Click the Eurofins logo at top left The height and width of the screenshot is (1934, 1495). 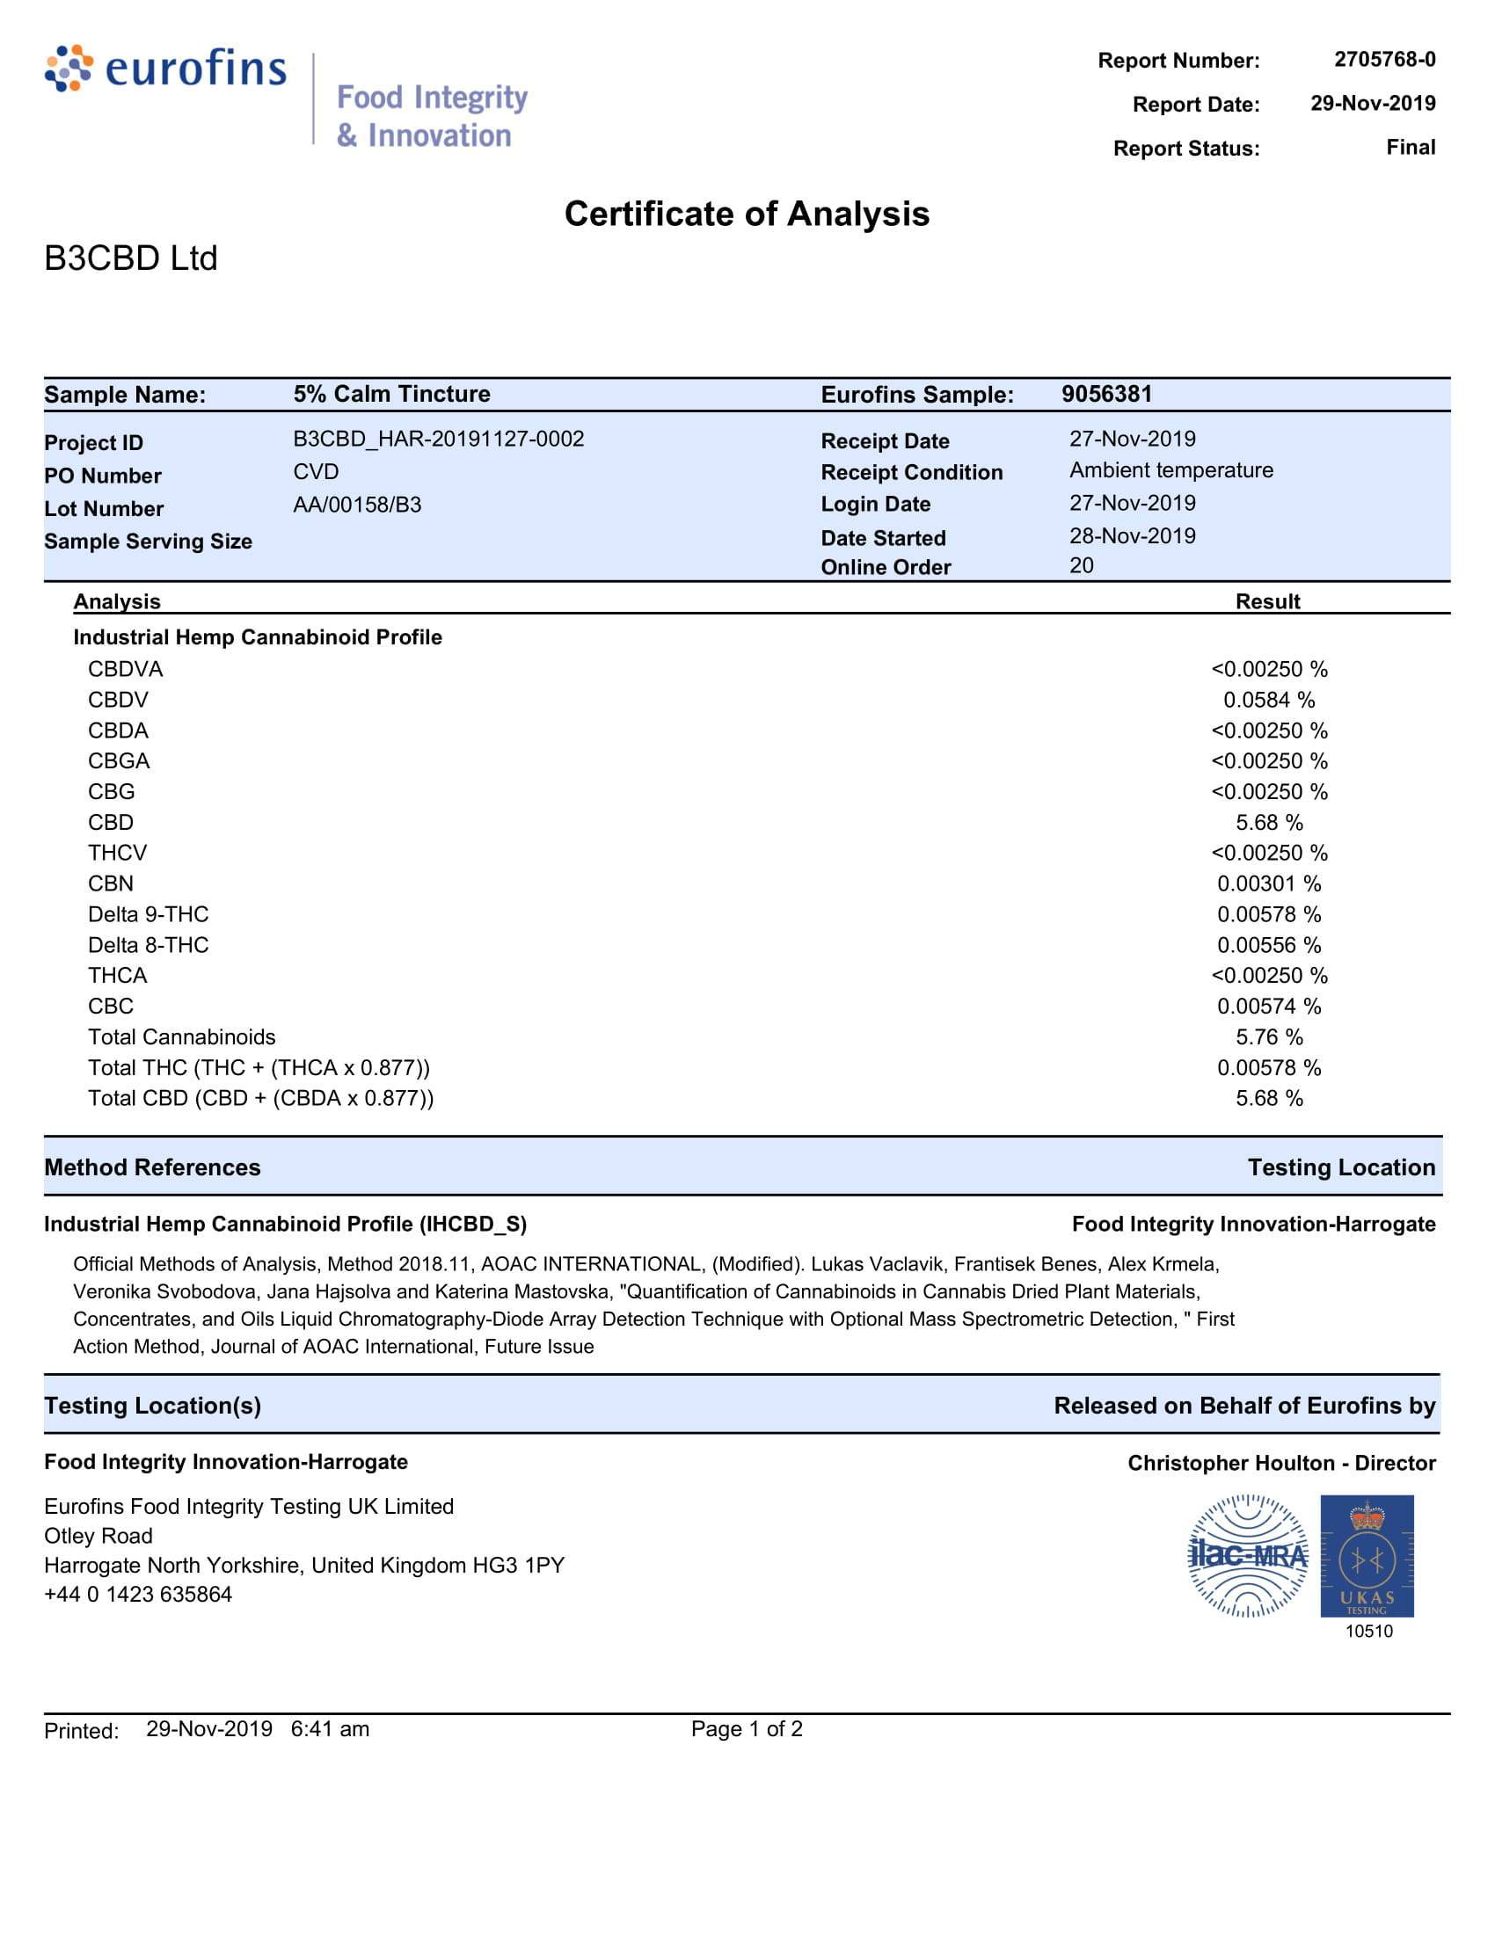pyautogui.click(x=166, y=69)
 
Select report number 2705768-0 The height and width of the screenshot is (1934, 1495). pyautogui.click(x=1384, y=59)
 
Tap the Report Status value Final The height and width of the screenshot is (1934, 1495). pyautogui.click(x=1410, y=147)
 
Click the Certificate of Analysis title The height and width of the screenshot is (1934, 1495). pyautogui.click(x=747, y=214)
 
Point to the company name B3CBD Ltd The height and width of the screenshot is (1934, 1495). pyautogui.click(x=131, y=258)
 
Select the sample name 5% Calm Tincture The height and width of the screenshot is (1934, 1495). pyautogui.click(x=391, y=394)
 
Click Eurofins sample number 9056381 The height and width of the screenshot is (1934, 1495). pyautogui.click(x=1107, y=394)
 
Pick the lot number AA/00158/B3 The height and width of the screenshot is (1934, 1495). pyautogui.click(x=357, y=505)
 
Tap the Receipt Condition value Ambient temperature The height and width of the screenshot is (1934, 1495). pyautogui.click(x=1170, y=470)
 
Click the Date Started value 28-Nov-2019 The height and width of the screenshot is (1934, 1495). pyautogui.click(x=1132, y=535)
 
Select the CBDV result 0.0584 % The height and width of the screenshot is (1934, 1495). pyautogui.click(x=1268, y=700)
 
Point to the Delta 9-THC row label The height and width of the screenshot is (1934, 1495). pyautogui.click(x=148, y=914)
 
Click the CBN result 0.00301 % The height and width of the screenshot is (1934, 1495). pyautogui.click(x=1268, y=883)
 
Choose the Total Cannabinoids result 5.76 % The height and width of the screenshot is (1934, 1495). pyautogui.click(x=1268, y=1037)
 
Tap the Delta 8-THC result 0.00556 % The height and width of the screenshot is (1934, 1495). pyautogui.click(x=1268, y=945)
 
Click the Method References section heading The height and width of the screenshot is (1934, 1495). pyautogui.click(x=152, y=1167)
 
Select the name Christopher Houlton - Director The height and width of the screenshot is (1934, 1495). pyautogui.click(x=1280, y=1463)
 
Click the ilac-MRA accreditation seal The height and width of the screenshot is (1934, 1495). pyautogui.click(x=1247, y=1556)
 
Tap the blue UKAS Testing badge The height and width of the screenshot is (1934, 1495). pyautogui.click(x=1367, y=1556)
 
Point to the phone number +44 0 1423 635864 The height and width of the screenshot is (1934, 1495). pyautogui.click(x=138, y=1594)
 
